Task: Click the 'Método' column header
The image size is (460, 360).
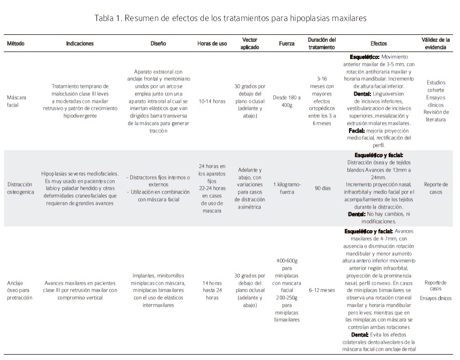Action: pyautogui.click(x=16, y=43)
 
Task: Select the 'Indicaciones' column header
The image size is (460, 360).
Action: pyautogui.click(x=80, y=43)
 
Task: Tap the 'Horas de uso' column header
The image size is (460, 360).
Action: pyautogui.click(x=212, y=43)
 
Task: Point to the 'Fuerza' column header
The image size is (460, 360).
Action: pyautogui.click(x=286, y=43)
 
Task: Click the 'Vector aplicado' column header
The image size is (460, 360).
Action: pyautogui.click(x=249, y=43)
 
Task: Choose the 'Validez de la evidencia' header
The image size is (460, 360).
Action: pyautogui.click(x=435, y=43)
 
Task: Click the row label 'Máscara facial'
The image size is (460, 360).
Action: pyautogui.click(x=17, y=100)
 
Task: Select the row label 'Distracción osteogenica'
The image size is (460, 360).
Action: pyautogui.click(x=20, y=188)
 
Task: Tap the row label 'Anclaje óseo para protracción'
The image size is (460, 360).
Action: pyautogui.click(x=20, y=290)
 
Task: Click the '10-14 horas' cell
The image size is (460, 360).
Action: pyautogui.click(x=212, y=100)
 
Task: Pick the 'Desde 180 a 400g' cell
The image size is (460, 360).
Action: pyautogui.click(x=287, y=100)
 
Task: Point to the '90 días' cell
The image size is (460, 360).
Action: pyautogui.click(x=321, y=188)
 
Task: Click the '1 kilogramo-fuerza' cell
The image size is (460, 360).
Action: pyautogui.click(x=287, y=188)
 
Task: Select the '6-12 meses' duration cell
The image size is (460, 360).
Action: pyautogui.click(x=322, y=290)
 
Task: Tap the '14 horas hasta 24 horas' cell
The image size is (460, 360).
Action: pyautogui.click(x=212, y=290)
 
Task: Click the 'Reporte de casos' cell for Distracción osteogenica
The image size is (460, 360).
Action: pyautogui.click(x=435, y=188)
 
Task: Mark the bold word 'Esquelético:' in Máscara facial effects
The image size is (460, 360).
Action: pyautogui.click(x=365, y=56)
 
